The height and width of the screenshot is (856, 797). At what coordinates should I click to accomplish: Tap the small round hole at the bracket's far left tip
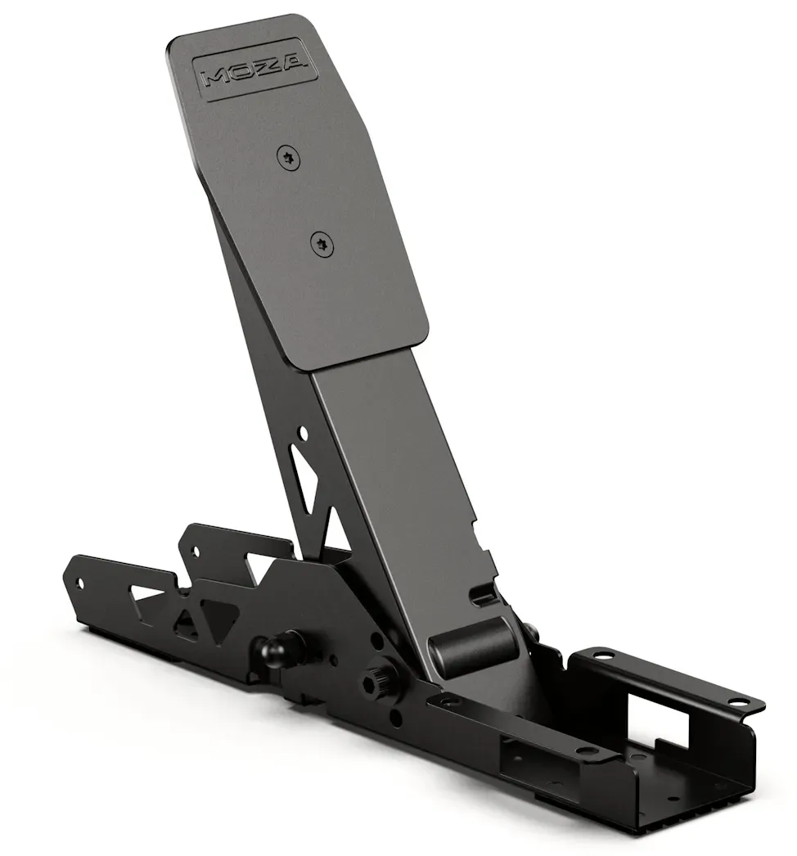[81, 583]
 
